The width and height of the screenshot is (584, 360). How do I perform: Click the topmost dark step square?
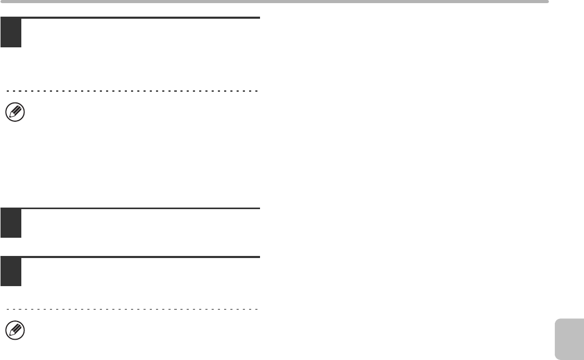pos(11,32)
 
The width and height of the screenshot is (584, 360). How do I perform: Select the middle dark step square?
pos(11,223)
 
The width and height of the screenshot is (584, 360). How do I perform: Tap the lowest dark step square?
pos(11,271)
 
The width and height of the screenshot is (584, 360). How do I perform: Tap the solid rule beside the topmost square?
pos(140,18)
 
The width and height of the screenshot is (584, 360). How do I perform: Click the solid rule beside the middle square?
pos(140,209)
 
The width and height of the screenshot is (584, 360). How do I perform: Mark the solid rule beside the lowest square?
pos(140,257)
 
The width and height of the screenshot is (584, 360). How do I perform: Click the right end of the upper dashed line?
pos(257,91)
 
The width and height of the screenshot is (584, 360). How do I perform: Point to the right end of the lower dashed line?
pos(257,309)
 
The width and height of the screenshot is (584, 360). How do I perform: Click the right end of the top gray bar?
pos(547,2)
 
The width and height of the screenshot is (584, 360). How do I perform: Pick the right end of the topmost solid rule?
pos(258,18)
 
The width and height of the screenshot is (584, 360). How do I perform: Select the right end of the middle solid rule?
pos(258,209)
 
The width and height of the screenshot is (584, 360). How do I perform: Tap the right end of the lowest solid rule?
pos(258,257)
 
